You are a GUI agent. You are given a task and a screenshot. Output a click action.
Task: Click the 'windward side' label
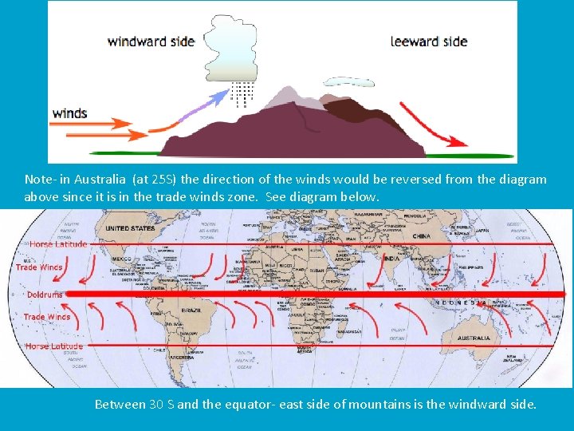click(151, 41)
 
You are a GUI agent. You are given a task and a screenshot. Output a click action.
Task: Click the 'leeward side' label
click(429, 41)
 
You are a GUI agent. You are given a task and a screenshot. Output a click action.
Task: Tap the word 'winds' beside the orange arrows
click(69, 113)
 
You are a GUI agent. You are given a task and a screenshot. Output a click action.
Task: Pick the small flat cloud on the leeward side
click(348, 81)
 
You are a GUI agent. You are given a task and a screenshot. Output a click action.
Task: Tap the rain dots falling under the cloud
click(242, 93)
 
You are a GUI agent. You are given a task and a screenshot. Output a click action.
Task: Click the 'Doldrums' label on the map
click(45, 295)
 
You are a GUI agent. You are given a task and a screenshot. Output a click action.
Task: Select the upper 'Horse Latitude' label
click(57, 243)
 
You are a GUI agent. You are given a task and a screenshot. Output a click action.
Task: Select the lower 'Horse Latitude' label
click(53, 346)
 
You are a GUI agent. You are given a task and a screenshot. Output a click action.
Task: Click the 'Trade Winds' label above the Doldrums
click(38, 267)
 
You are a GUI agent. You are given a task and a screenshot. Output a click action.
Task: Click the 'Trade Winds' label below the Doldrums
click(47, 317)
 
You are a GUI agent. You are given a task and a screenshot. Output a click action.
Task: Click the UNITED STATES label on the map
click(130, 228)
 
